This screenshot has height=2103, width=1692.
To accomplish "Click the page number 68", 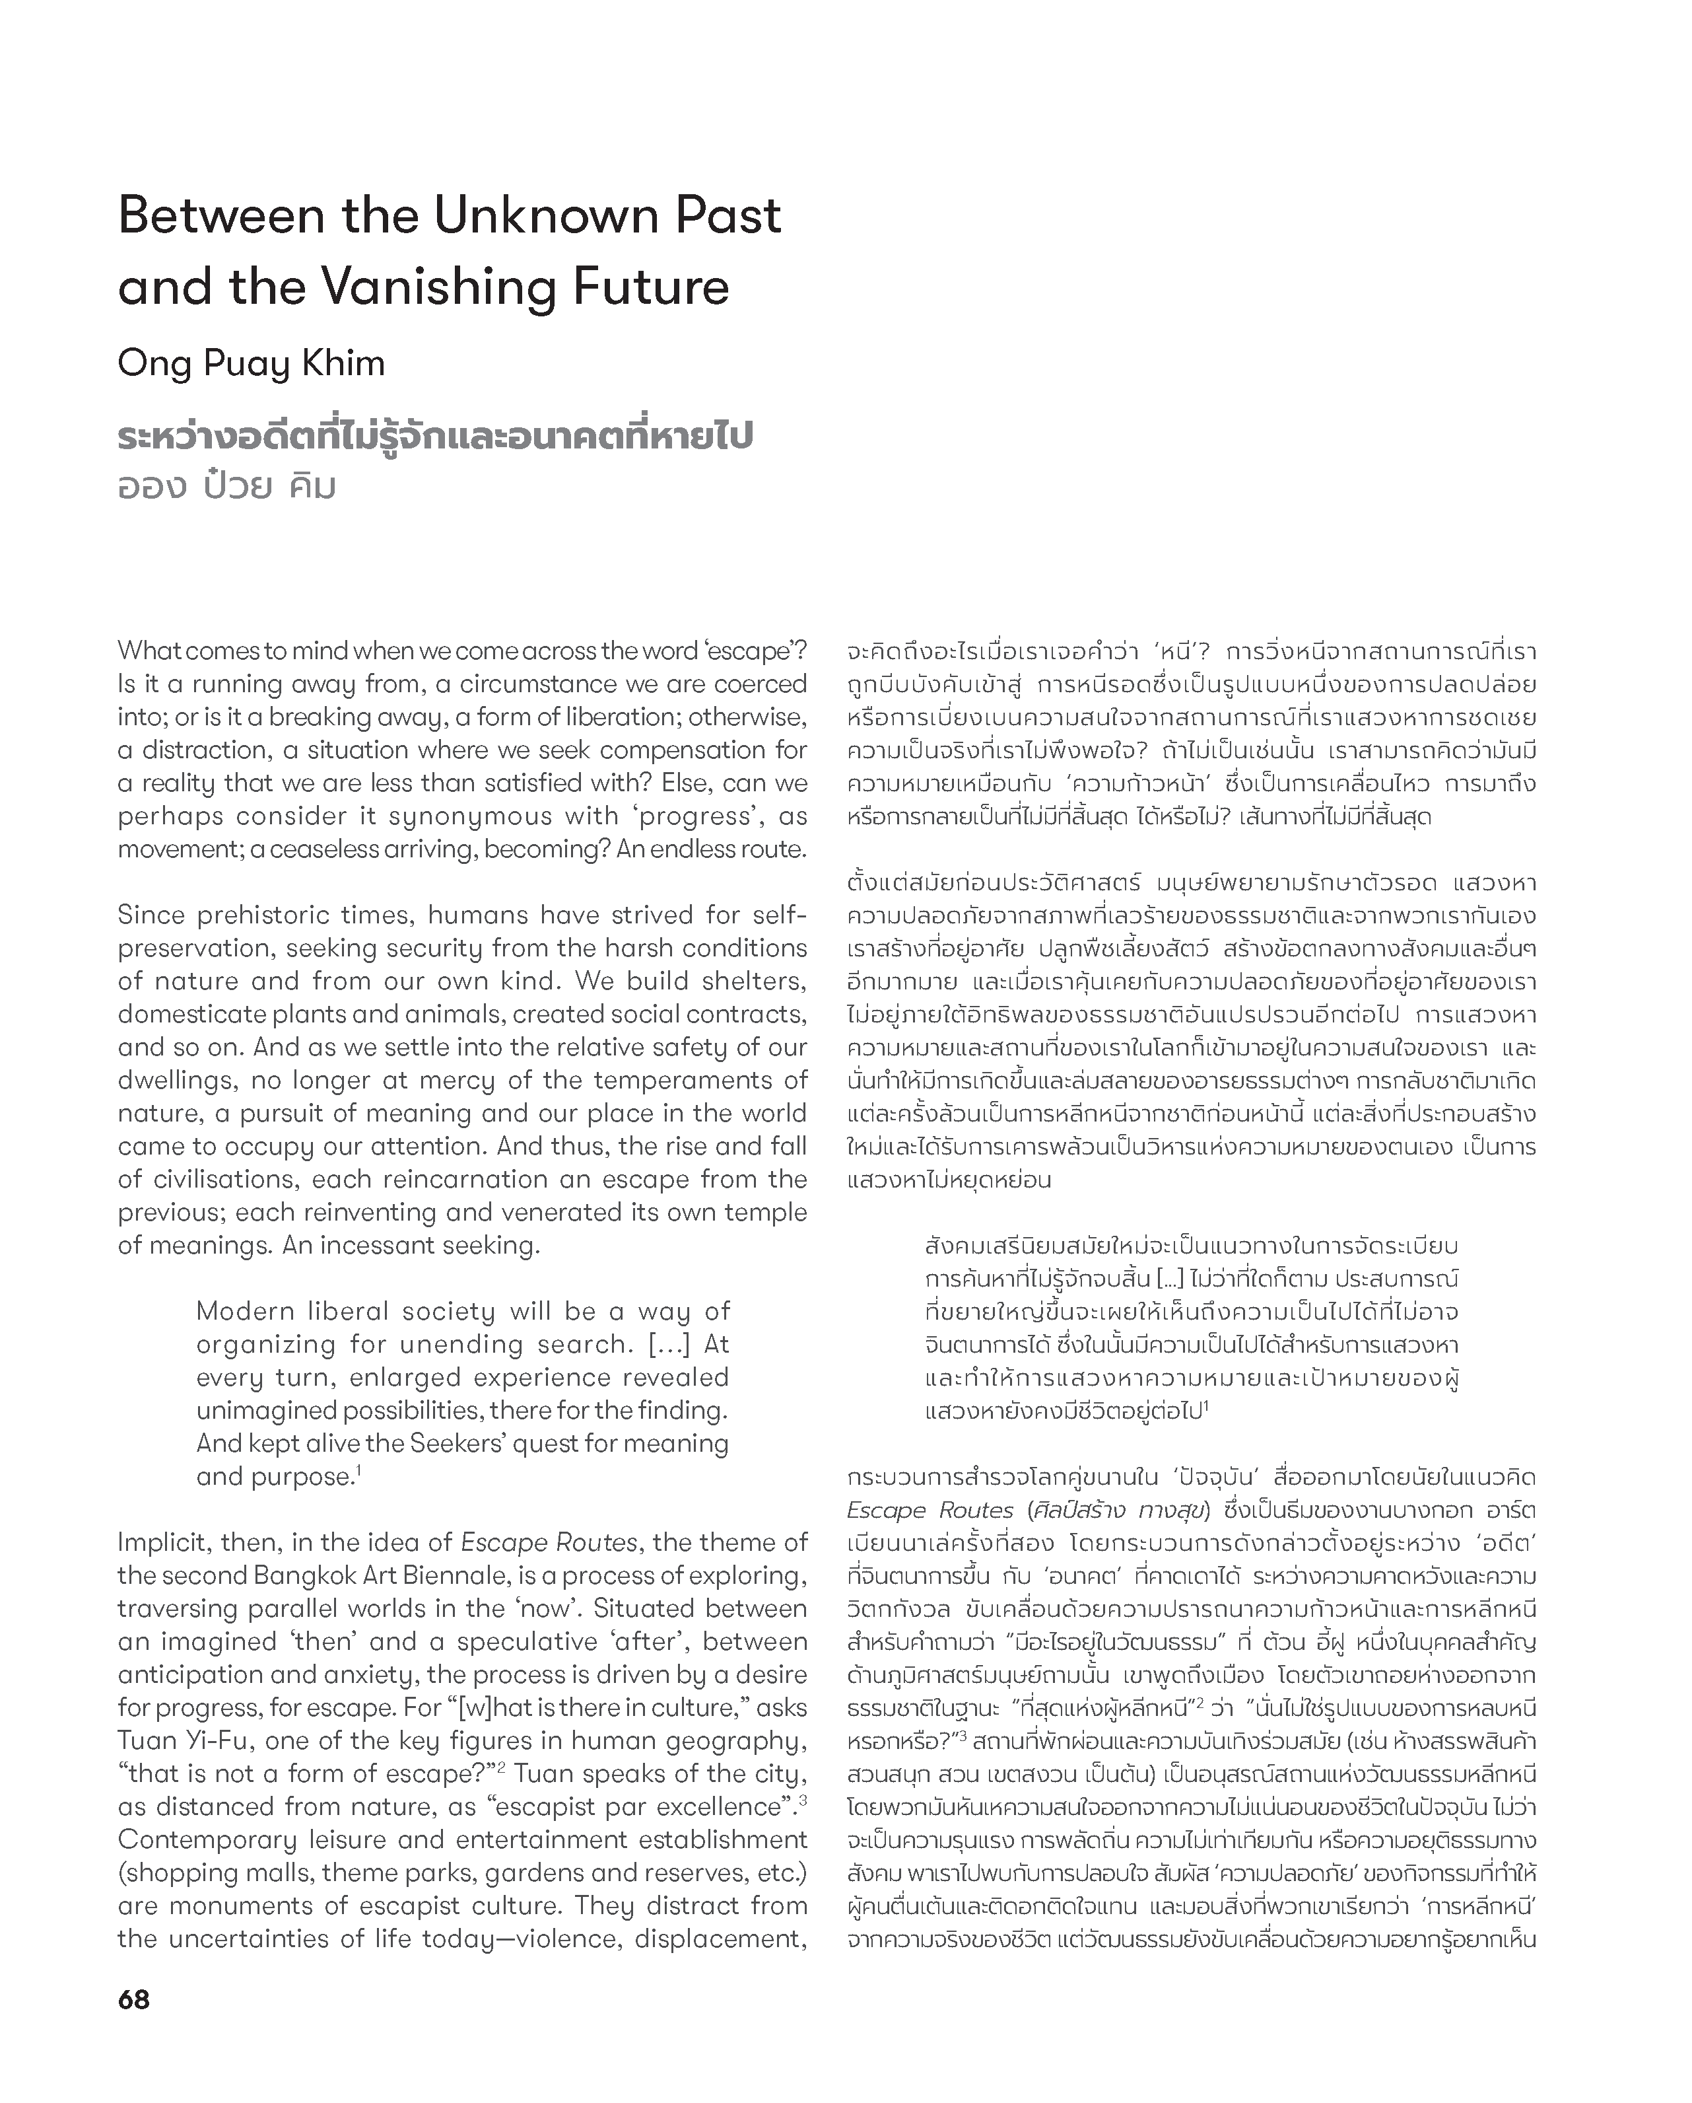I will [133, 1999].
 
